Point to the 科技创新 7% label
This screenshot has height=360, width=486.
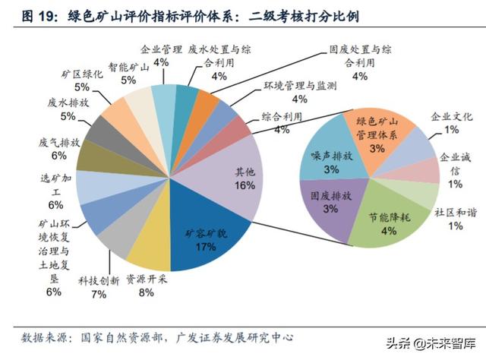click(x=99, y=287)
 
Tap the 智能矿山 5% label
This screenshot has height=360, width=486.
click(x=128, y=73)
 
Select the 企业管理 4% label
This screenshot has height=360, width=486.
click(x=161, y=55)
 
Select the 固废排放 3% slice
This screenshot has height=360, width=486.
click(x=330, y=202)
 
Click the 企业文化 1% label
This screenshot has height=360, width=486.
click(x=452, y=123)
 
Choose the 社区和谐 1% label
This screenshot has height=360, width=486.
click(x=456, y=219)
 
